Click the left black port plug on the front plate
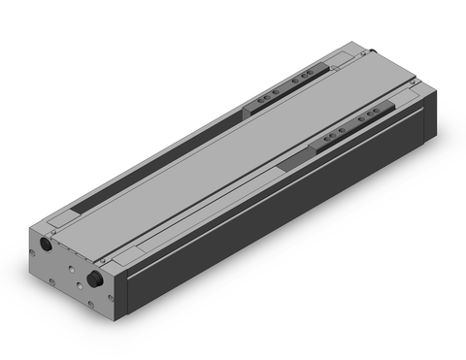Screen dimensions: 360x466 click(x=46, y=247)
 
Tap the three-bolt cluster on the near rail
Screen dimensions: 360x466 click(x=368, y=117)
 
